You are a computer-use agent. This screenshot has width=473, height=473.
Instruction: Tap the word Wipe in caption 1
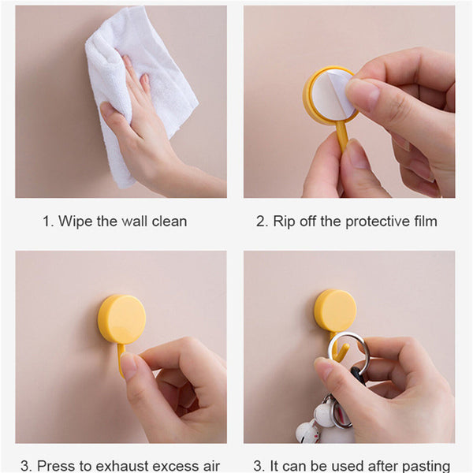click(x=75, y=222)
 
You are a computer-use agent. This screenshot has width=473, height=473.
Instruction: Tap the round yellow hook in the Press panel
click(x=121, y=318)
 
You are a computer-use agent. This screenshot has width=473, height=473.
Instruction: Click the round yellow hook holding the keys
click(x=335, y=310)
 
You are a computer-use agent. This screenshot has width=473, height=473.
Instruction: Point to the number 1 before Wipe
click(x=46, y=222)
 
